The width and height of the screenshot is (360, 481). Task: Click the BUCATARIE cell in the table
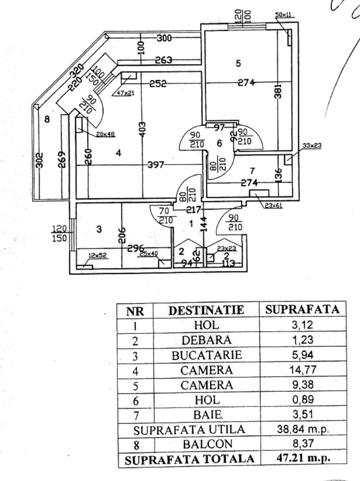click(206, 355)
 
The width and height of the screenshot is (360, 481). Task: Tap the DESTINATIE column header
click(206, 309)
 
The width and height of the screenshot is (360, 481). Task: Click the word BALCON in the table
click(206, 443)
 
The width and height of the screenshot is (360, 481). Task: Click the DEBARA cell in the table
click(206, 340)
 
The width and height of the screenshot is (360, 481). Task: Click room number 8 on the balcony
click(47, 120)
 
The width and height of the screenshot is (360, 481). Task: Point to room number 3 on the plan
click(98, 229)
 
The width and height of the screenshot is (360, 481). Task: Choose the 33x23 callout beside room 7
click(310, 145)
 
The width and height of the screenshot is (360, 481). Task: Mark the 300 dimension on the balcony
click(164, 38)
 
